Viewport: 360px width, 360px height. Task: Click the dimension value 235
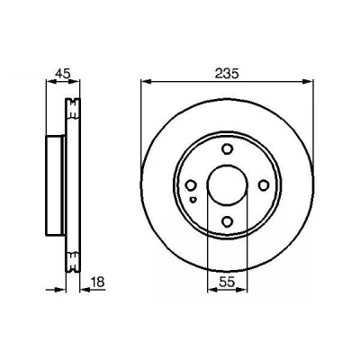tap(227, 73)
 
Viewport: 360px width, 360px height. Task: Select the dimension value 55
tap(227, 282)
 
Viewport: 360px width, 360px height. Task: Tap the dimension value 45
tap(63, 73)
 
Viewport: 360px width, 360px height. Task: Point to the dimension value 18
tap(96, 282)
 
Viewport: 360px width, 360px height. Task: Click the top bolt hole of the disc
tap(227, 149)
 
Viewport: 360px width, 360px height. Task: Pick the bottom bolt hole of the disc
tap(227, 221)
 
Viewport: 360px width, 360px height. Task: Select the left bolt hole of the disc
tap(191, 185)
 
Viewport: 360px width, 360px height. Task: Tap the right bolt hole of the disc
tap(264, 185)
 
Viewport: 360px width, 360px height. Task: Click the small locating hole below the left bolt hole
tap(193, 199)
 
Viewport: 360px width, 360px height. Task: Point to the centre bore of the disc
tap(228, 184)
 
